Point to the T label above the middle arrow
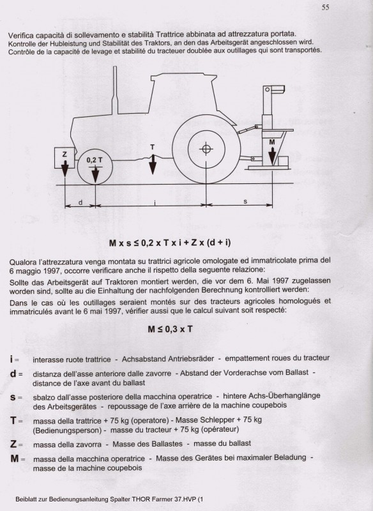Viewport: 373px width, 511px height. click(152, 147)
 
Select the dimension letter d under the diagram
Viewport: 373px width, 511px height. click(79, 202)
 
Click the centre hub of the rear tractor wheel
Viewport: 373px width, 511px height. click(206, 149)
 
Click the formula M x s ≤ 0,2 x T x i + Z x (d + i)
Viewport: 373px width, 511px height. click(186, 243)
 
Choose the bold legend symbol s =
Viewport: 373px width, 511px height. click(16, 398)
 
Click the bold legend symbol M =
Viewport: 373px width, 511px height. click(18, 458)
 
